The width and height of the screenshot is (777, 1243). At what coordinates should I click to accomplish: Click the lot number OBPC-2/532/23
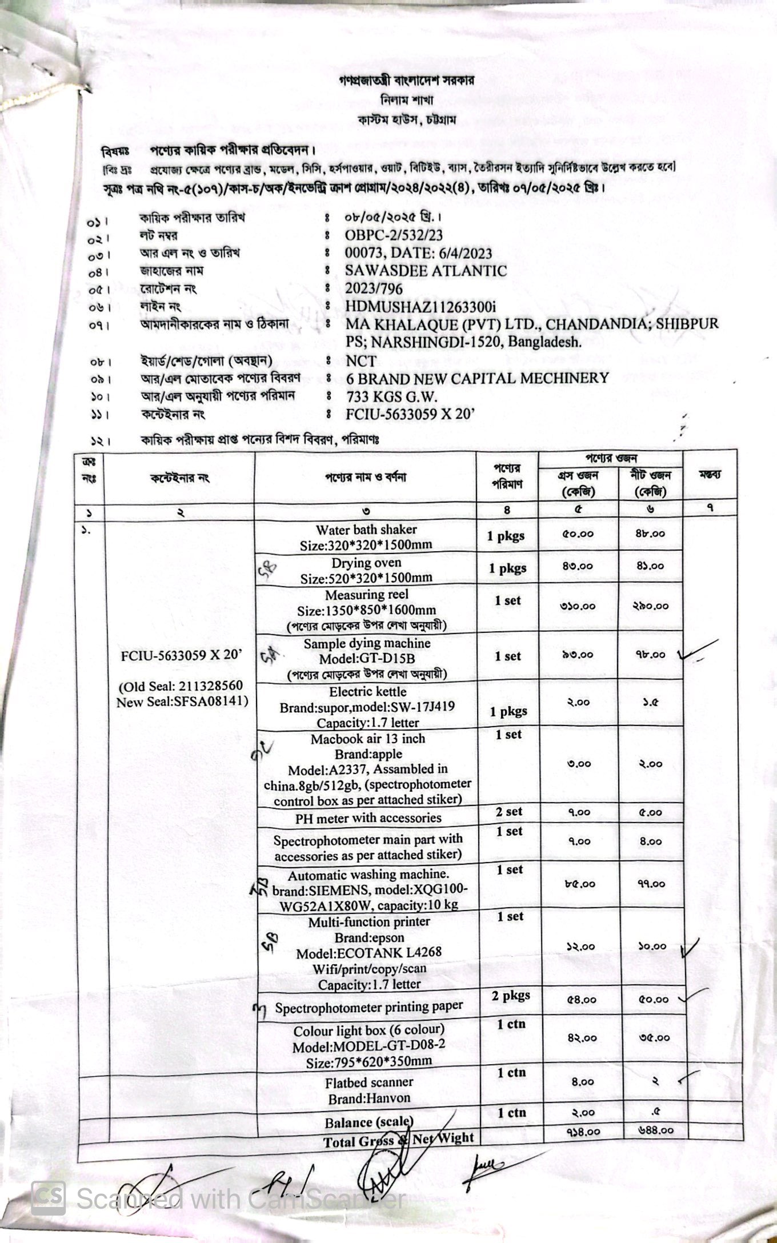[x=394, y=235]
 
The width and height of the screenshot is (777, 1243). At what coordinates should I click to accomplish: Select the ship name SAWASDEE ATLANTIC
[x=426, y=271]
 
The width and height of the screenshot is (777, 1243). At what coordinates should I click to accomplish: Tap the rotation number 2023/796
[x=374, y=288]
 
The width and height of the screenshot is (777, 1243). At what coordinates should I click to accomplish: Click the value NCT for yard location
[x=361, y=361]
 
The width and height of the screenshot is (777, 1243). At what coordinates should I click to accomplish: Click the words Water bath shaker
[x=366, y=530]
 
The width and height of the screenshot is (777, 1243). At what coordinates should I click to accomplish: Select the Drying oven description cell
[x=366, y=570]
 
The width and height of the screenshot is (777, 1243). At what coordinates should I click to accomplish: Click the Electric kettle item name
[x=367, y=692]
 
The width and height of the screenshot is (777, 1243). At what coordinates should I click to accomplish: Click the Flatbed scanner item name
[x=369, y=1082]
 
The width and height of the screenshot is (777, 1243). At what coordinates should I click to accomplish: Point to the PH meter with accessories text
[x=368, y=818]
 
